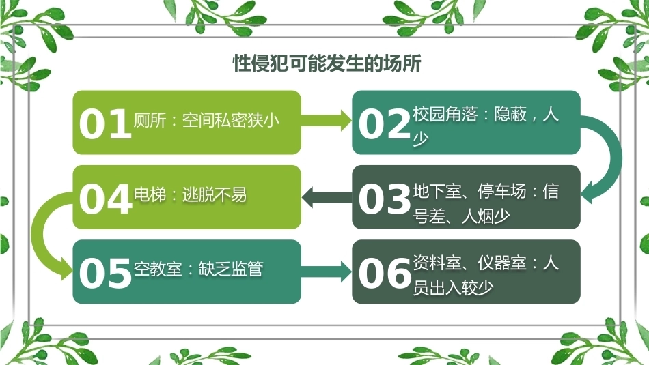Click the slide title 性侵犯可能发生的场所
click(x=327, y=63)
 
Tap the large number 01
click(x=105, y=124)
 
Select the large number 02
click(x=385, y=124)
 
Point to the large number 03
click(x=385, y=199)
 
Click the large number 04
click(x=105, y=199)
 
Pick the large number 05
click(x=105, y=273)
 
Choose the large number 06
click(x=385, y=273)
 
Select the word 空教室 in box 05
click(x=158, y=269)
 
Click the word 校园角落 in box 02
click(x=445, y=114)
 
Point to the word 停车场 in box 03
click(x=502, y=192)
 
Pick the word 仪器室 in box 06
click(x=502, y=263)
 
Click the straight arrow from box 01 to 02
click(x=326, y=121)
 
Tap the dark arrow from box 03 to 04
click(x=327, y=196)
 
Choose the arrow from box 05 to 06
click(x=326, y=272)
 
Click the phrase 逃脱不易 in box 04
click(x=215, y=194)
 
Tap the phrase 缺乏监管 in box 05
click(x=231, y=269)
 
